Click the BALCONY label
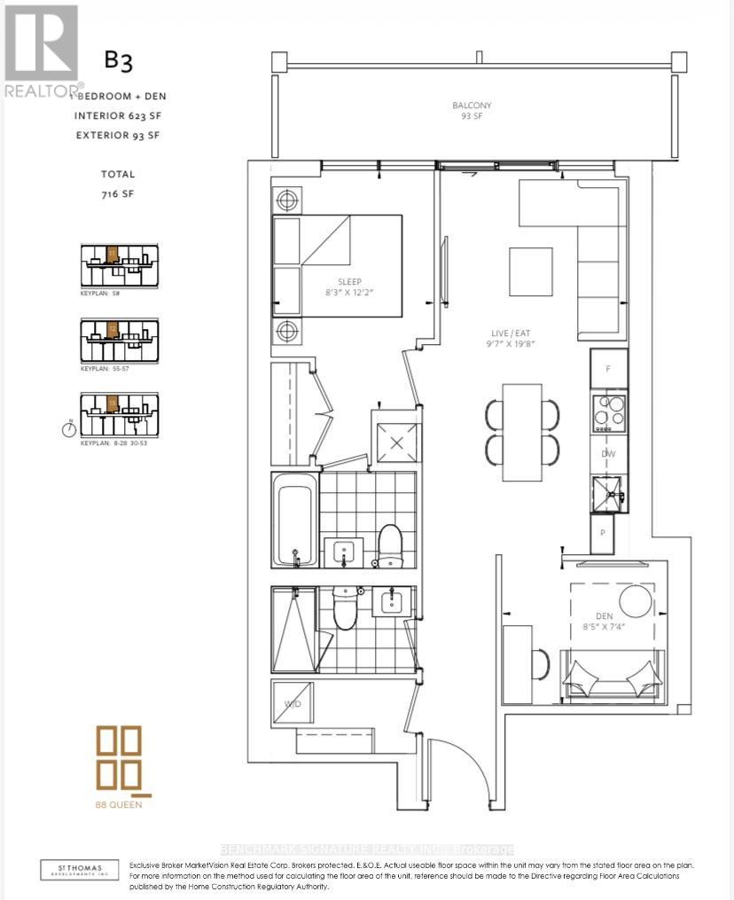coord(471,106)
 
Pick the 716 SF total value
coord(117,192)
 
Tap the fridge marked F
coord(608,368)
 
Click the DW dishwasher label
coord(608,454)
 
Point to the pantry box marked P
coord(603,533)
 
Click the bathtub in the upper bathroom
coord(293,520)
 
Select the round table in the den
coord(636,601)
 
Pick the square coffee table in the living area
coord(530,271)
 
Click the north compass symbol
coord(69,430)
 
